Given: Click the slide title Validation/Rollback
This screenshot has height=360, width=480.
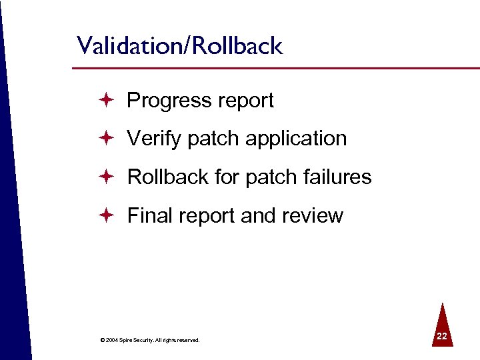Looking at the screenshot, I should click(x=179, y=46).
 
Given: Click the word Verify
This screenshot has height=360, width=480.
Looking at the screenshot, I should click(x=155, y=139).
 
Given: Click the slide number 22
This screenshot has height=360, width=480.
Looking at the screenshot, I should click(x=441, y=337).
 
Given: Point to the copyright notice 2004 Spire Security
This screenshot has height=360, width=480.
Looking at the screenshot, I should click(x=149, y=340).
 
